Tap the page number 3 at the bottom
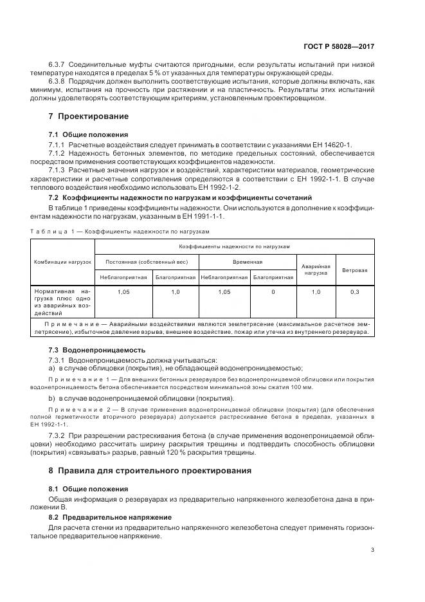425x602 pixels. (373, 549)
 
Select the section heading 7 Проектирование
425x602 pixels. (89, 116)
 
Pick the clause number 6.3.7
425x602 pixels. (59, 65)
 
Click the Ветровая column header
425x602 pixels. (354, 270)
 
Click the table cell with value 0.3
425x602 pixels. (354, 292)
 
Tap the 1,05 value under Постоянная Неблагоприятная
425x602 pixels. (123, 292)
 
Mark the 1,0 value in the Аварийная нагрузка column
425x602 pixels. (316, 292)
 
